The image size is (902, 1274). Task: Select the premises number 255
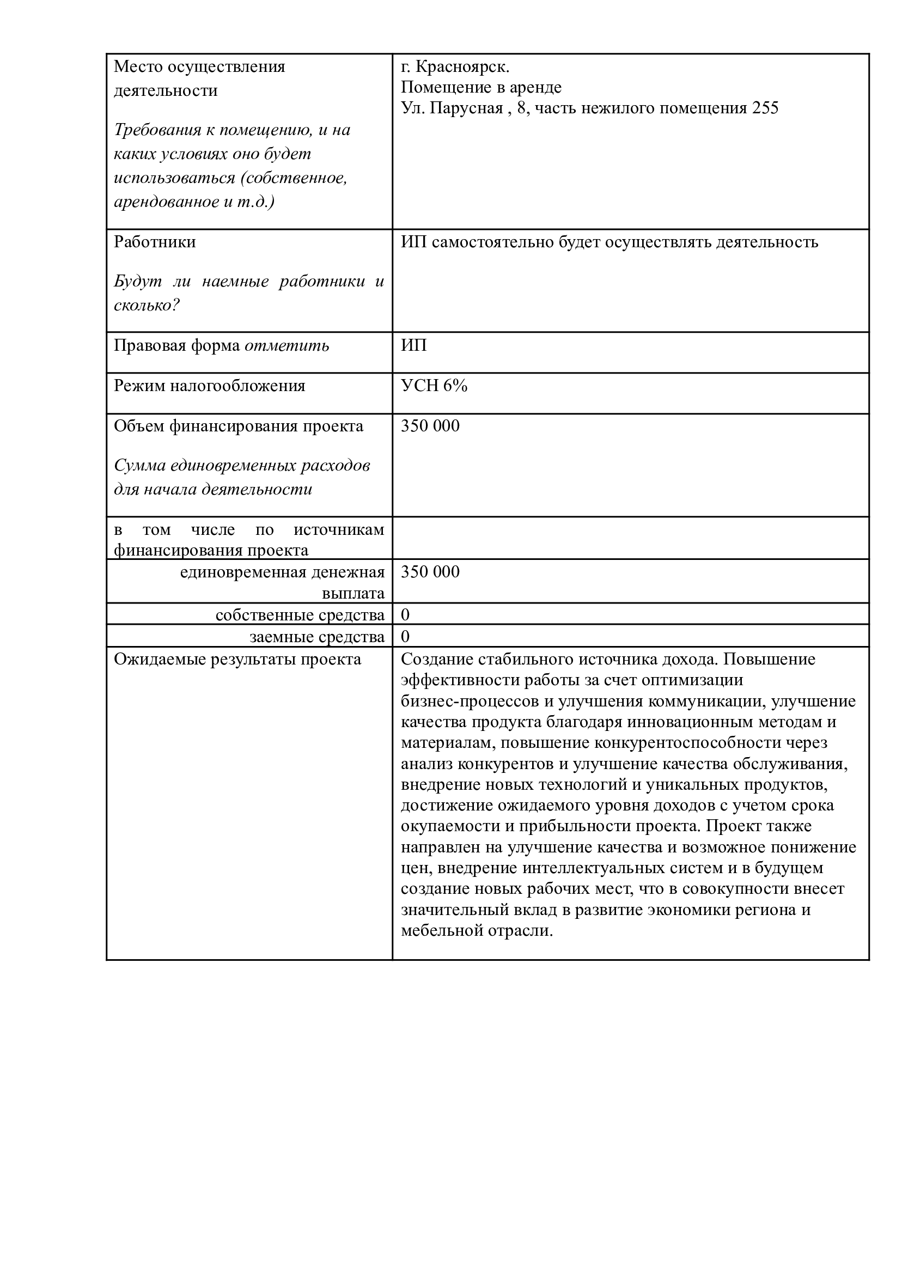(x=765, y=108)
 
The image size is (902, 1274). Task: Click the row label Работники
(x=155, y=242)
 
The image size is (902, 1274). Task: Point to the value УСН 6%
(x=434, y=386)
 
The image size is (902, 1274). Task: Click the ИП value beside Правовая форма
(x=414, y=345)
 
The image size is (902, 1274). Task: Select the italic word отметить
(x=287, y=346)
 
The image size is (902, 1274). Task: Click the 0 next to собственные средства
(x=405, y=615)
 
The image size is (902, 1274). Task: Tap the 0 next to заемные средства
(x=405, y=636)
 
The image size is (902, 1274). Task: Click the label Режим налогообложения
(x=209, y=386)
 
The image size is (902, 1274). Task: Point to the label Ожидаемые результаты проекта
(x=237, y=659)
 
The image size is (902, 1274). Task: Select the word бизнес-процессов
(x=470, y=702)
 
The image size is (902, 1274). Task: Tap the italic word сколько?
(x=147, y=305)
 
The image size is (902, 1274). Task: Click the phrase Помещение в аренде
(x=481, y=87)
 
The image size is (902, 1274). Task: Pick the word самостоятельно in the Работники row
(x=498, y=242)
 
